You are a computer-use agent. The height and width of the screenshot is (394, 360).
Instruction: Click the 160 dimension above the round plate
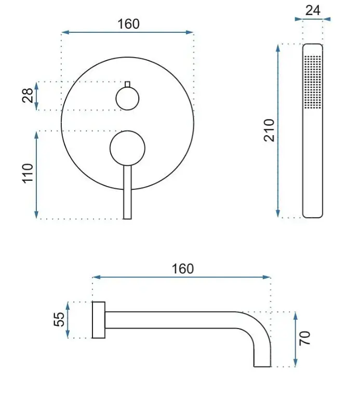pyautogui.click(x=128, y=24)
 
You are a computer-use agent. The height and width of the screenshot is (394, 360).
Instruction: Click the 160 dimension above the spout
pyautogui.click(x=182, y=269)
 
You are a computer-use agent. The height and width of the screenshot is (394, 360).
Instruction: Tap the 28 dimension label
pyautogui.click(x=28, y=95)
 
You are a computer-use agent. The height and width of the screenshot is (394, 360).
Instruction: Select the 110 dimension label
pyautogui.click(x=28, y=174)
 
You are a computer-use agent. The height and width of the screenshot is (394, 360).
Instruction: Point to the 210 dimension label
pyautogui.click(x=270, y=130)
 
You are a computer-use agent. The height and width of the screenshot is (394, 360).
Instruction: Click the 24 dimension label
pyautogui.click(x=313, y=10)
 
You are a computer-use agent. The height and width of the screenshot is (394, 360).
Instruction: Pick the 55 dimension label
pyautogui.click(x=59, y=319)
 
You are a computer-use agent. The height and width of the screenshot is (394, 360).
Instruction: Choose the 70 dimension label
pyautogui.click(x=304, y=338)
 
